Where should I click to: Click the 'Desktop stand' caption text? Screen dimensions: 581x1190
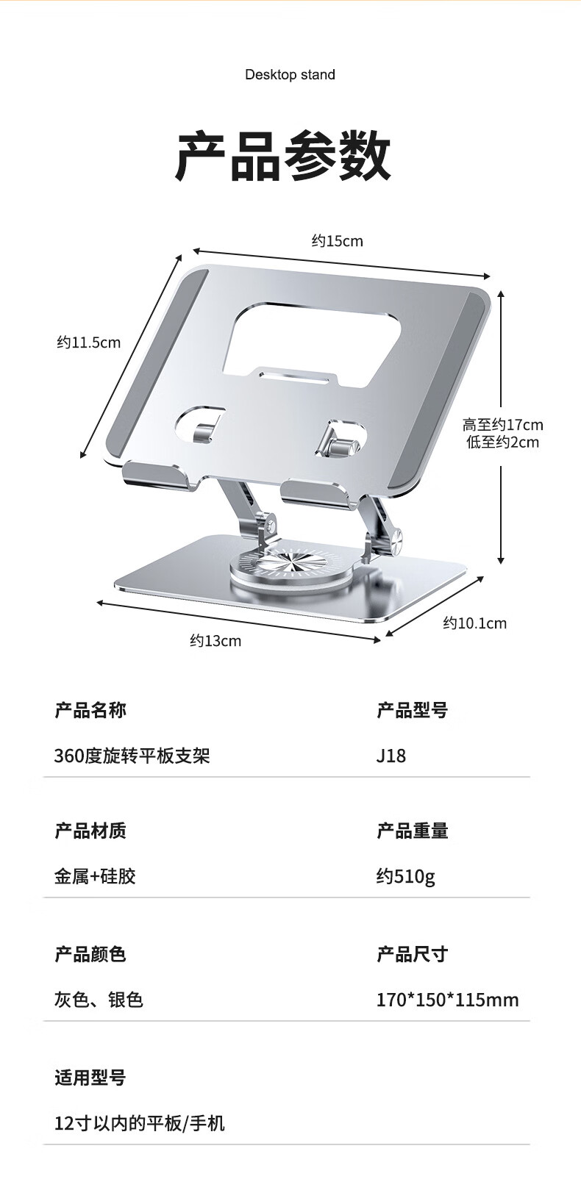tap(290, 74)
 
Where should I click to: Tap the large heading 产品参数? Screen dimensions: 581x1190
tap(283, 156)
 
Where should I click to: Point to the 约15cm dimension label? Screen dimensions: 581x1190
tap(337, 241)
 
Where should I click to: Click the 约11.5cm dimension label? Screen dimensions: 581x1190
tap(89, 343)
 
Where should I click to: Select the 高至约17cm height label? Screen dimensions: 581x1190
tap(503, 425)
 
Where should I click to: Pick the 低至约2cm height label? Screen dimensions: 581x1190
tap(503, 442)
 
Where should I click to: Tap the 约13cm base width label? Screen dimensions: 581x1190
tap(215, 641)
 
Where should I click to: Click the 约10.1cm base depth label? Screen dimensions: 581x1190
tap(474, 623)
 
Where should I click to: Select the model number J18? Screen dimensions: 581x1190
tap(391, 756)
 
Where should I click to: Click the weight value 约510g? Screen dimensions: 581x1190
tap(406, 876)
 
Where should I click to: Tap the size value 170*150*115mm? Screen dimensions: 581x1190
tap(447, 1000)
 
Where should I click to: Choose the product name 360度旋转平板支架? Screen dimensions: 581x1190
tap(132, 756)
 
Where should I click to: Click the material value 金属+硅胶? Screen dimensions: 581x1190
tap(95, 876)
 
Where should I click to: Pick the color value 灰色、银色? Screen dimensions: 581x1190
tap(99, 1000)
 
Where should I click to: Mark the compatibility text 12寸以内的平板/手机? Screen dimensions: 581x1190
tap(140, 1123)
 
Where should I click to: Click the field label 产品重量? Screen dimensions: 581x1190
tap(413, 831)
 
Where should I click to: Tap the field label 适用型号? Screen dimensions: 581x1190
tap(90, 1078)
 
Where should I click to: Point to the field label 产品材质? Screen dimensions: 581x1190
tap(90, 831)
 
